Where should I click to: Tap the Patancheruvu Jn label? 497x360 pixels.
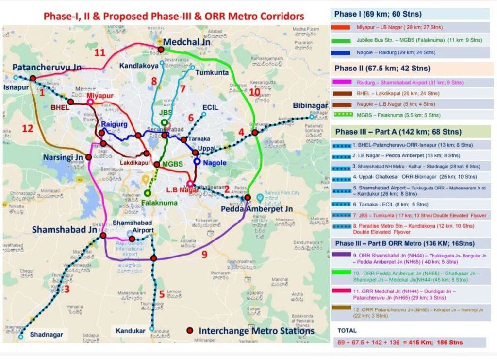(x=47, y=67)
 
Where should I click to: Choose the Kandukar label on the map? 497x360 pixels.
(x=131, y=331)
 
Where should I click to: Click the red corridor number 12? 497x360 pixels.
(x=28, y=128)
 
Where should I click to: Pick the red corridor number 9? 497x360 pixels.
(x=204, y=254)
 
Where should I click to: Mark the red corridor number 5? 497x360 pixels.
(x=162, y=293)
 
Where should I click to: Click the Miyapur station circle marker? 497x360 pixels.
(x=91, y=102)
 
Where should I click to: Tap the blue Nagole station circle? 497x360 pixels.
(x=197, y=161)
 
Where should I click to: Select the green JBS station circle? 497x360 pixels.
(x=165, y=122)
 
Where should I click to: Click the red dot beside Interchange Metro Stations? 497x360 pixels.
(x=190, y=330)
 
